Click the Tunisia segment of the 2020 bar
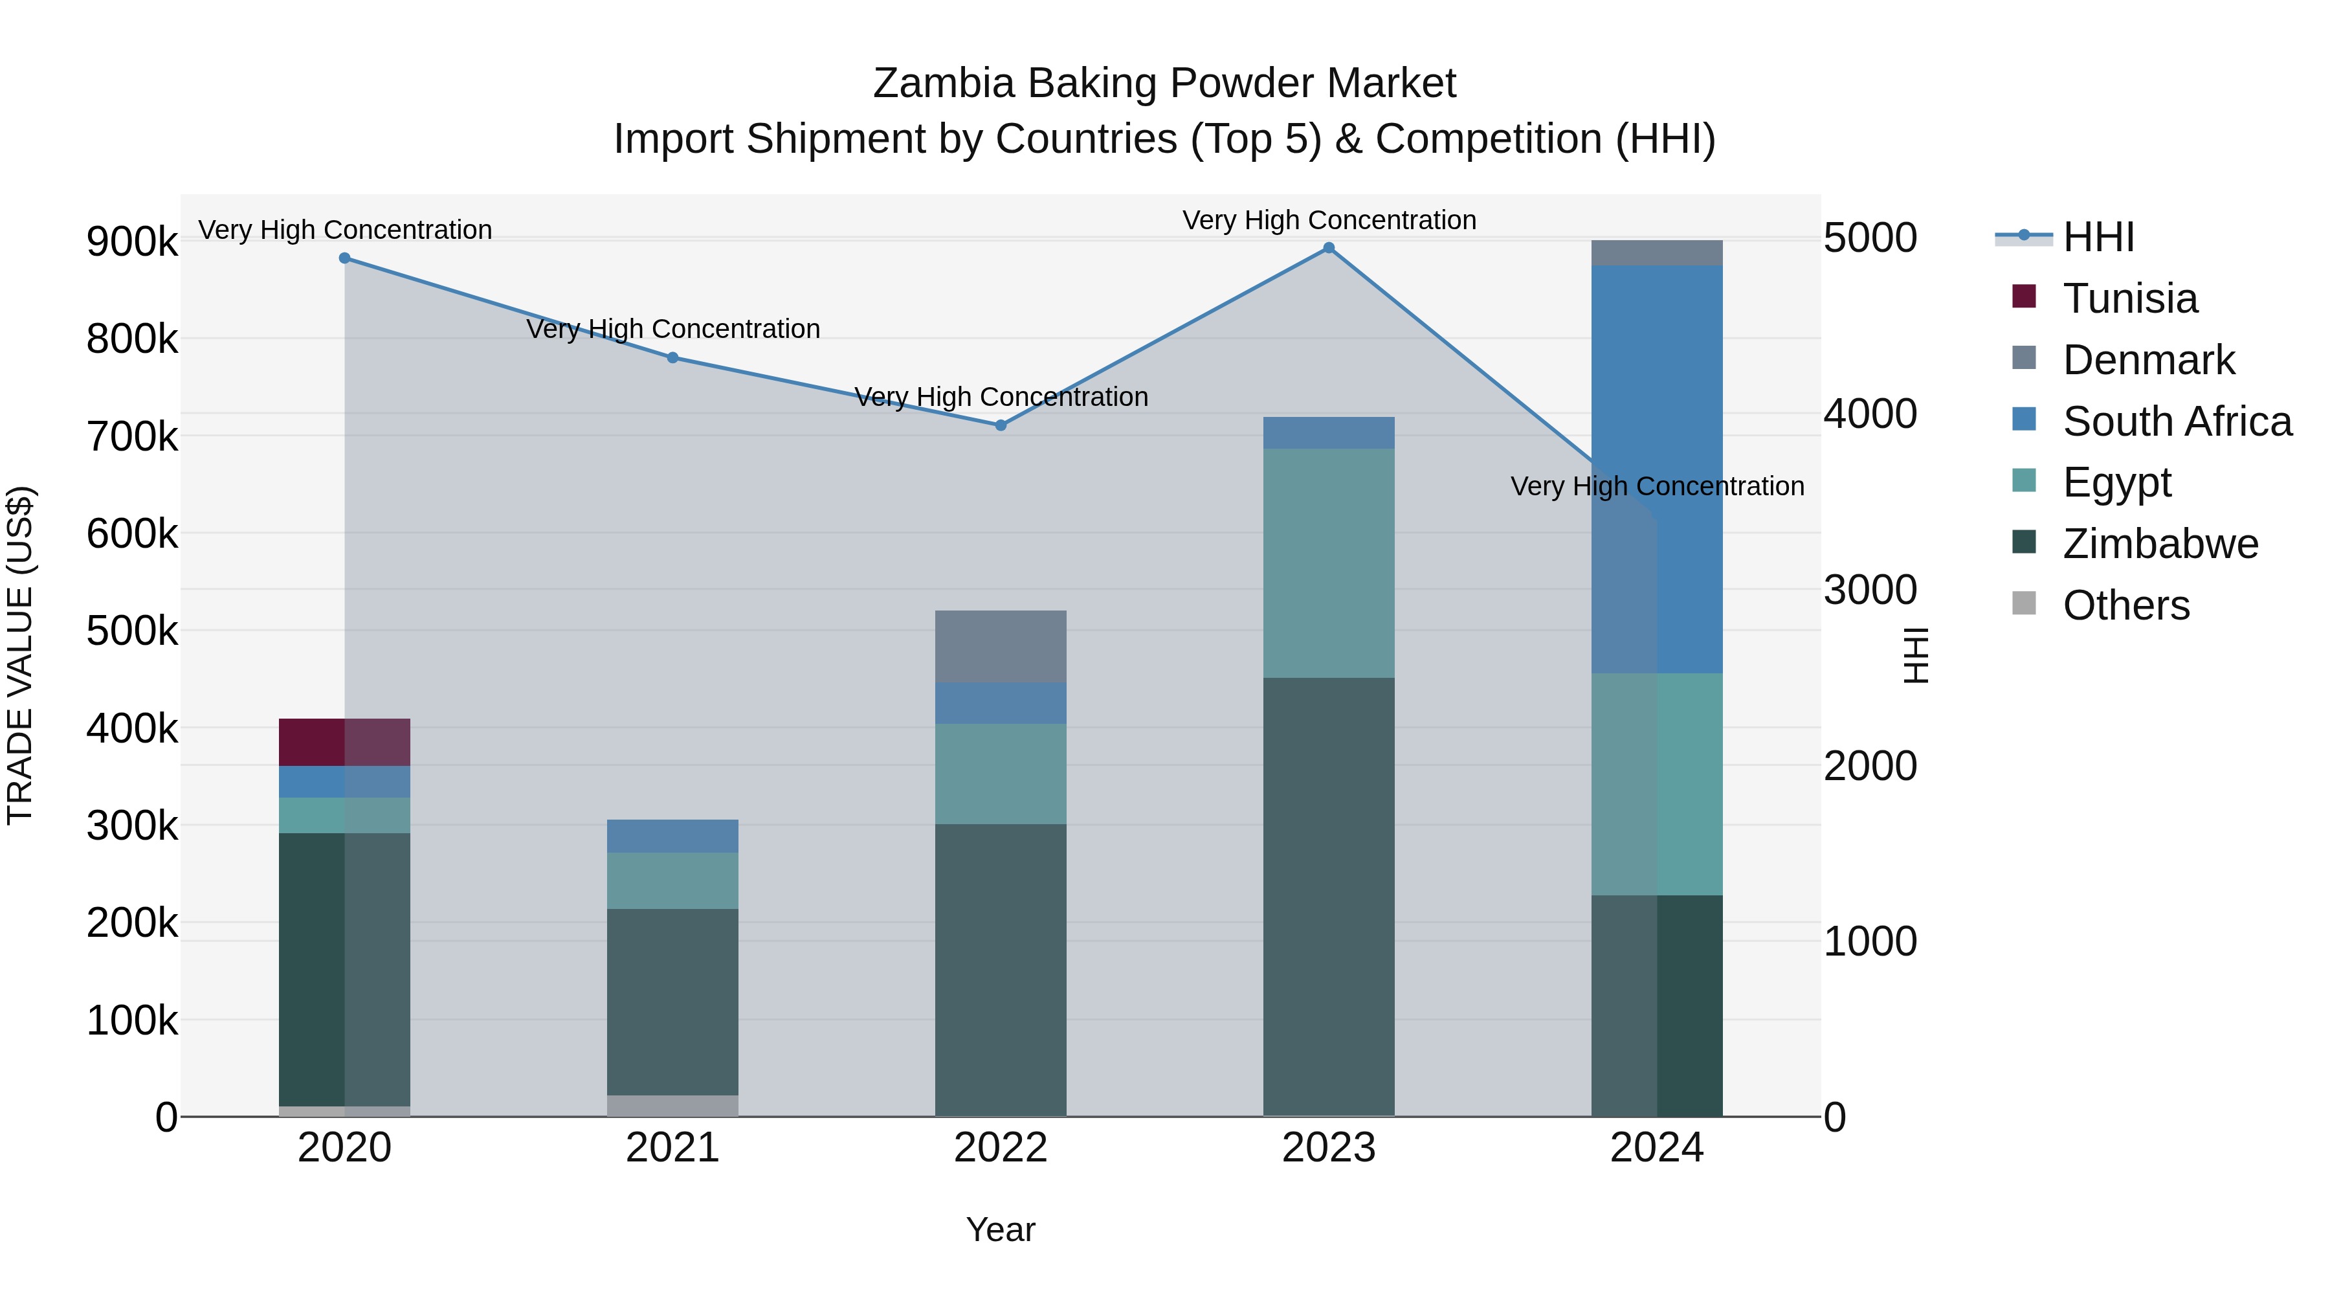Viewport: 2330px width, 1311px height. click(x=344, y=742)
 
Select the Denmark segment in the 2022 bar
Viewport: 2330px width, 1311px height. click(x=1001, y=646)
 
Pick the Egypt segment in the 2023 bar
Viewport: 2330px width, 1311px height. click(x=1329, y=563)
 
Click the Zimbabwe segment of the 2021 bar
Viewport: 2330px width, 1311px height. click(x=672, y=1002)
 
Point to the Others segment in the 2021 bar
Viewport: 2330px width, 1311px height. click(x=672, y=1106)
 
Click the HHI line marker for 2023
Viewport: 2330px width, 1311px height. click(x=1329, y=248)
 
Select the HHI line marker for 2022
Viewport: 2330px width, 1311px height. click(x=1001, y=425)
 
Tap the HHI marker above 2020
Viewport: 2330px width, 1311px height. click(x=344, y=258)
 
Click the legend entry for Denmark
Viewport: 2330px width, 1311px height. click(x=2148, y=360)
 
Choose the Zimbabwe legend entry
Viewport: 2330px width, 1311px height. click(x=2160, y=544)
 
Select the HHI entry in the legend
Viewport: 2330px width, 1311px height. click(x=2098, y=237)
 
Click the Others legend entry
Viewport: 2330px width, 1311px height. click(x=2125, y=605)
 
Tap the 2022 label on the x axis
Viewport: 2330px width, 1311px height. click(x=1001, y=1148)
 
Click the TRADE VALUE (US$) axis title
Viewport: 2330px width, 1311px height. click(x=20, y=655)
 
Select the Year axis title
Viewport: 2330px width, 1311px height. click(x=1001, y=1229)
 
